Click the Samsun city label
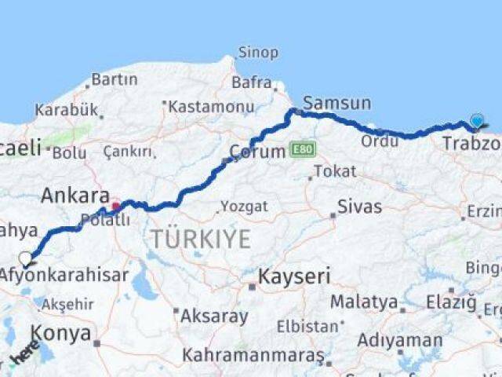(336, 103)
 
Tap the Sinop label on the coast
(258, 53)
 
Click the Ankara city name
(75, 195)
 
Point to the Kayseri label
(294, 276)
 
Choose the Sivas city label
(359, 207)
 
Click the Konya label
(60, 333)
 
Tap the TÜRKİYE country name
(201, 239)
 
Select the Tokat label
(335, 171)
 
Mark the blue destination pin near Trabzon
(477, 121)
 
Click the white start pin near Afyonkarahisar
(25, 258)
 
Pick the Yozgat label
(243, 207)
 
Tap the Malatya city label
(363, 302)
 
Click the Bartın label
(114, 79)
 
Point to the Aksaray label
(214, 317)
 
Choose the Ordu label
(380, 141)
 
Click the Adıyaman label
(400, 340)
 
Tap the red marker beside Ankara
(116, 207)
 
